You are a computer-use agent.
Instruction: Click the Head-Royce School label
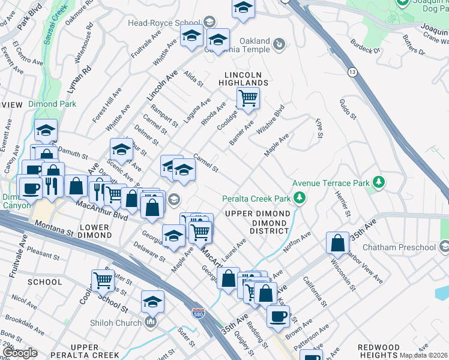(164, 23)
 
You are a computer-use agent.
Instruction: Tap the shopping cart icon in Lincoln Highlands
(247, 98)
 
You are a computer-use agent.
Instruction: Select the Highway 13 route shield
(351, 72)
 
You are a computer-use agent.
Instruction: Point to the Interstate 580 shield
(197, 314)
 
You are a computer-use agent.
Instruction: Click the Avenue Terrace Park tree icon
(378, 182)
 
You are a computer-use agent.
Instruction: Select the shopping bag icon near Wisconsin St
(338, 243)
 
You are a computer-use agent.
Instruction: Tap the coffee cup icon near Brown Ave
(277, 316)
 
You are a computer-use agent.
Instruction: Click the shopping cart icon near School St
(103, 280)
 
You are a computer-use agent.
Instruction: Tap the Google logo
(20, 353)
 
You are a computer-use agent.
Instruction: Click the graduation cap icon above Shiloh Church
(153, 302)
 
